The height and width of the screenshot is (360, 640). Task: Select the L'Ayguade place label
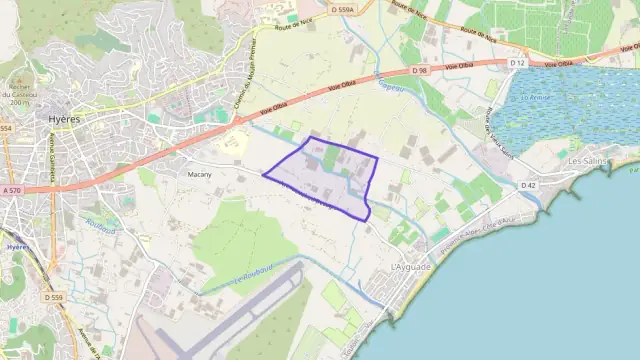[x=411, y=268]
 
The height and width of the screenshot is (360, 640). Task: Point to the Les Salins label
[x=587, y=160]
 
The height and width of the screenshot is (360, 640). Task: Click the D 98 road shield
[x=420, y=71]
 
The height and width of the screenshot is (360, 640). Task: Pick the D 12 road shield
[x=517, y=63]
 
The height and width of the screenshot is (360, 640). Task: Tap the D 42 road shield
[x=528, y=185]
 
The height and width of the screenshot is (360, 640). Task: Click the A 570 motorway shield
[x=11, y=190]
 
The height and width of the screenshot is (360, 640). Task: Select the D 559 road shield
[x=53, y=297]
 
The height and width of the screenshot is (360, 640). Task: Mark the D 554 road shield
[x=5, y=129]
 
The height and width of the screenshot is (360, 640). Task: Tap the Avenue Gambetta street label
[x=47, y=154]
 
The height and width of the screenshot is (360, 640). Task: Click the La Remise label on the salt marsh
[x=536, y=97]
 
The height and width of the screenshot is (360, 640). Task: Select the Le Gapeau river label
[x=390, y=82]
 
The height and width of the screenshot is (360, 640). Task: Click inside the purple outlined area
[x=330, y=180]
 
